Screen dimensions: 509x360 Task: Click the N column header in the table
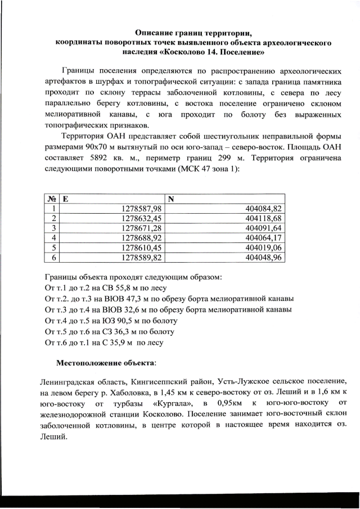pyautogui.click(x=173, y=199)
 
